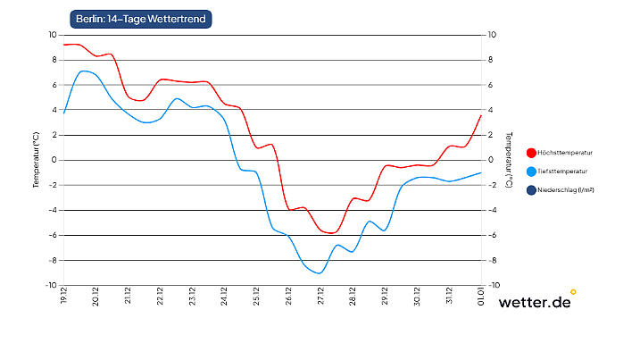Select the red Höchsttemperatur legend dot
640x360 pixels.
click(x=532, y=153)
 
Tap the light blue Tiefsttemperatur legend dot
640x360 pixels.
click(x=532, y=171)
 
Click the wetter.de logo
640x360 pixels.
click(x=535, y=302)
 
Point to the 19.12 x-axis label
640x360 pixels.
click(x=64, y=296)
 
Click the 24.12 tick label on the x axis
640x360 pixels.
click(x=224, y=296)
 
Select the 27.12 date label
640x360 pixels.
click(x=320, y=296)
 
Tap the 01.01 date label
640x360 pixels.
click(x=481, y=296)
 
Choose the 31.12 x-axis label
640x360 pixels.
click(x=449, y=296)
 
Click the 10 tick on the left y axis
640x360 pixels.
click(x=52, y=35)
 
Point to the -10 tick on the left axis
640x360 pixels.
click(x=51, y=285)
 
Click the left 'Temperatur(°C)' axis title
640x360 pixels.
click(x=36, y=160)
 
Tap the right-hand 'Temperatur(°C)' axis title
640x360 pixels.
click(x=509, y=160)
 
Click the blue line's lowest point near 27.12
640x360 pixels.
click(x=319, y=273)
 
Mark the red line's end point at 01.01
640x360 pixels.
click(x=481, y=115)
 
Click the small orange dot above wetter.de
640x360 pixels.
click(x=573, y=291)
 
